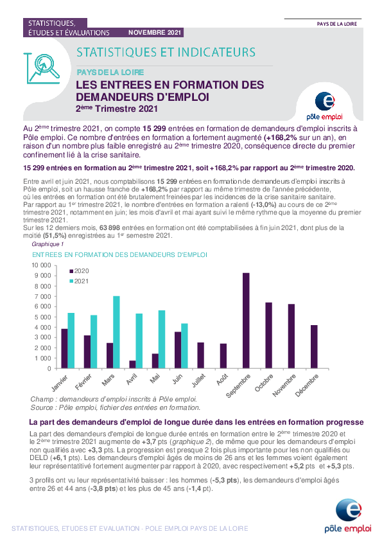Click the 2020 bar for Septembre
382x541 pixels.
point(246,321)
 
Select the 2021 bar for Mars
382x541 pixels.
point(116,332)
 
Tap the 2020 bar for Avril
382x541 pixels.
point(132,365)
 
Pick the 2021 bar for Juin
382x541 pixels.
point(184,346)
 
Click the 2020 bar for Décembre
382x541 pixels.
point(314,347)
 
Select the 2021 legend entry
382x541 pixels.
point(79,281)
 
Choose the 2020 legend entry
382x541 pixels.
point(79,271)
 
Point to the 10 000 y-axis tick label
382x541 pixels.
point(41,265)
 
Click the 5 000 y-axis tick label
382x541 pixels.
point(43,317)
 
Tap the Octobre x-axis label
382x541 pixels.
point(264,383)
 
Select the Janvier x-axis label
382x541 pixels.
point(60,383)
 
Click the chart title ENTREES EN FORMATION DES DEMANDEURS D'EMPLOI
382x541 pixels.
point(119,255)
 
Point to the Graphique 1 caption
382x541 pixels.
point(48,244)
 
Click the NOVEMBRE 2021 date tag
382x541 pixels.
point(155,32)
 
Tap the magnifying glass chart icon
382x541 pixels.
point(43,68)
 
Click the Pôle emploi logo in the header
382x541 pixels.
point(325,106)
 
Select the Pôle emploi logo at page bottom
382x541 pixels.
point(348,516)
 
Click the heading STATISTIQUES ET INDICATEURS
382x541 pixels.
point(166,53)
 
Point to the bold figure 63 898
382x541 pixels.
point(110,228)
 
